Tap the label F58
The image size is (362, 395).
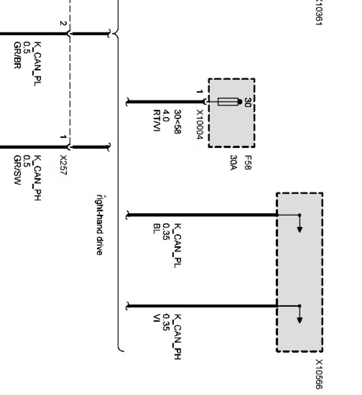[x=247, y=163]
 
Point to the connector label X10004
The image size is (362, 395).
[x=200, y=124]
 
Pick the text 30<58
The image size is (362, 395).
[x=178, y=122]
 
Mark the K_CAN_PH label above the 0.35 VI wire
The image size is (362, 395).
[x=177, y=337]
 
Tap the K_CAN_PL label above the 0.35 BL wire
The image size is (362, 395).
[x=177, y=245]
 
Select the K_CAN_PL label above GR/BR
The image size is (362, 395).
[x=37, y=63]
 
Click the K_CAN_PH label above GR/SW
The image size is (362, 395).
[x=37, y=177]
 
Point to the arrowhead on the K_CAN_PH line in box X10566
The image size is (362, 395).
[x=300, y=320]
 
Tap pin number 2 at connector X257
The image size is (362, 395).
[x=62, y=23]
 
